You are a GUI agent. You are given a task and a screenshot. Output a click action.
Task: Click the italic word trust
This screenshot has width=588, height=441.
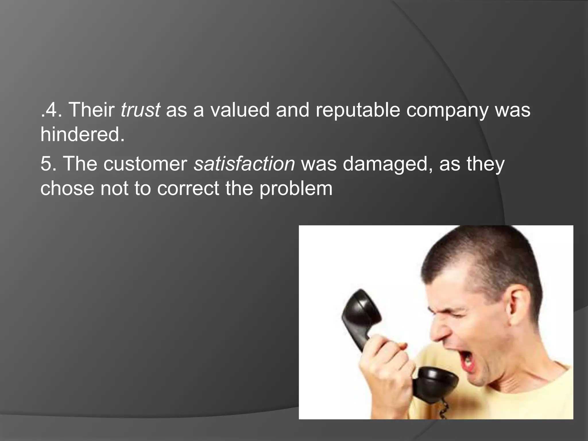click(x=140, y=110)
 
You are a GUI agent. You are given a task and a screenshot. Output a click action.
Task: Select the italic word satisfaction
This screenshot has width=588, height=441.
click(x=244, y=164)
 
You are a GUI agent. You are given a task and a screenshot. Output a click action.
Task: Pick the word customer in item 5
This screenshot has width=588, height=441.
click(x=145, y=164)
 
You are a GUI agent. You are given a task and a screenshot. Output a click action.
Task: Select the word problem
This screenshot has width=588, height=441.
click(x=296, y=189)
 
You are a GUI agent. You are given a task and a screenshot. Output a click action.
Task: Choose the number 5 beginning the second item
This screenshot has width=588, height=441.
click(x=46, y=164)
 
